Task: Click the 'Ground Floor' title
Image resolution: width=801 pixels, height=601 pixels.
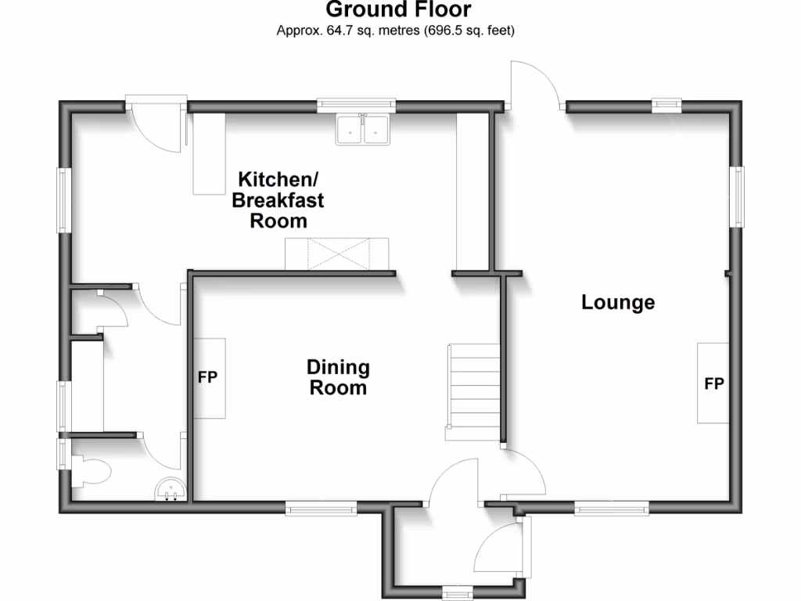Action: pos(398,10)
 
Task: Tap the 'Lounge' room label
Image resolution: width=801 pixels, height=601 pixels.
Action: pos(618,302)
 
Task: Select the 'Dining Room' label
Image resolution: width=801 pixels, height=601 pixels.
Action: pos(338,376)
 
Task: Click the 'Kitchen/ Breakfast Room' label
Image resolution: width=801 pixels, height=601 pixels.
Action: pos(278,200)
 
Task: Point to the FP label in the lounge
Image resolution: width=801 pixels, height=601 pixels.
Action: pos(713,383)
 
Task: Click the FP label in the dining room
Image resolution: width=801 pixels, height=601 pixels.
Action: pos(207,377)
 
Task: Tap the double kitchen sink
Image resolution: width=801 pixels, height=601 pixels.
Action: pos(363,130)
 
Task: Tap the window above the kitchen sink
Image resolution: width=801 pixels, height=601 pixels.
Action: pos(356,103)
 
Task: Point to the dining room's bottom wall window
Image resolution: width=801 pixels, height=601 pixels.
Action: pos(321,508)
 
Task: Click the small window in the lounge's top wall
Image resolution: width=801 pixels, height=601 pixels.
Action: pos(666,103)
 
